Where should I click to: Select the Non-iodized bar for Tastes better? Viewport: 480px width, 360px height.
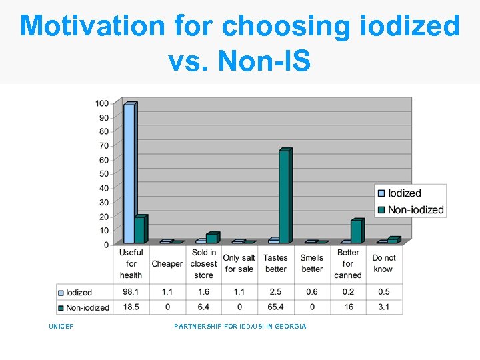(x=284, y=197)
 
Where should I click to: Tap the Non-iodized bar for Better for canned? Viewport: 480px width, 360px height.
(x=356, y=231)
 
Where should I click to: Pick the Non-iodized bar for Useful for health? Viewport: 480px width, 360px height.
(x=139, y=229)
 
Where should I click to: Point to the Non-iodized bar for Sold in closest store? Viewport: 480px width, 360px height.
(x=211, y=238)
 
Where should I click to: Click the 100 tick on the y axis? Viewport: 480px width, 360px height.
(x=101, y=103)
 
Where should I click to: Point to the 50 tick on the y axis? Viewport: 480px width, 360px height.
(x=103, y=174)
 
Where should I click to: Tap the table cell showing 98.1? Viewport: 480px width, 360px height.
(x=131, y=292)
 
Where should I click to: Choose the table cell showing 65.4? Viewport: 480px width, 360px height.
(x=275, y=307)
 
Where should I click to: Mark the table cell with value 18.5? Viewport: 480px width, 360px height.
(x=131, y=307)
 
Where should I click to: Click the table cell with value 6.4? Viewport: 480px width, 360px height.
(x=203, y=307)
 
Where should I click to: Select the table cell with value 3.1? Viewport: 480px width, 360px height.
(x=384, y=307)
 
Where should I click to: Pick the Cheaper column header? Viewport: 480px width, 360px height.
(x=167, y=264)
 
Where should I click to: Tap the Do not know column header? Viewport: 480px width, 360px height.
(x=384, y=263)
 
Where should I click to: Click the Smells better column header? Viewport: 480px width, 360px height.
(x=311, y=263)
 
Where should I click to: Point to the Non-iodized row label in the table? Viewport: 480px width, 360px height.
(x=87, y=307)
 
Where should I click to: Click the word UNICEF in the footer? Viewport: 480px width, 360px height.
(x=61, y=327)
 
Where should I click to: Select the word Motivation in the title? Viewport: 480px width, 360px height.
(x=92, y=27)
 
